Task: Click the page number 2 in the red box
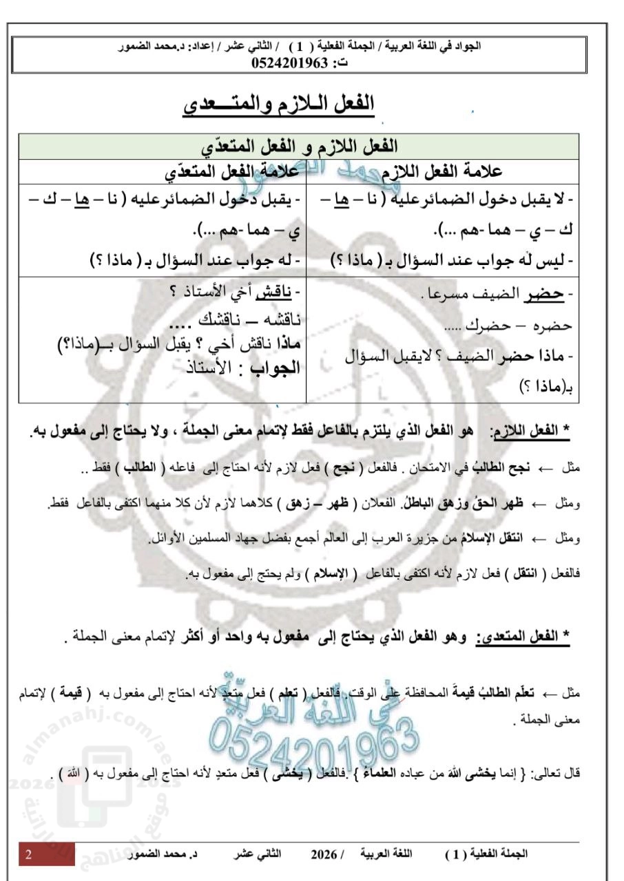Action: coord(29,854)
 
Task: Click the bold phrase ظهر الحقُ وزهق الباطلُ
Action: coord(469,504)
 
